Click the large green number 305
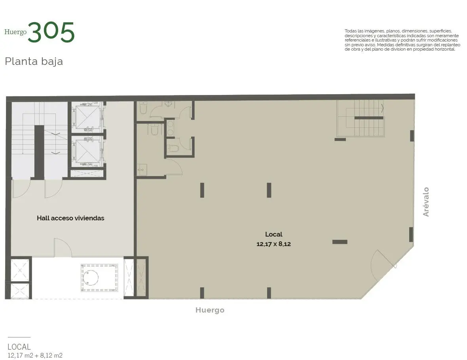[x=51, y=32]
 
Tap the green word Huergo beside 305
[x=15, y=32]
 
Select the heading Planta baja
[x=34, y=62]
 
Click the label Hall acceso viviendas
[x=70, y=218]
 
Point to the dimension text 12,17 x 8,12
[x=273, y=244]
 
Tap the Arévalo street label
[x=426, y=202]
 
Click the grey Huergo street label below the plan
[x=210, y=310]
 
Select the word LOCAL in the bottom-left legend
[x=19, y=347]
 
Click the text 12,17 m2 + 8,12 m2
[x=35, y=355]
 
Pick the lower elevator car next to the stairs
[x=86, y=152]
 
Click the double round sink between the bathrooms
[x=171, y=128]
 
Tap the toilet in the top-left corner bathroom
[x=143, y=109]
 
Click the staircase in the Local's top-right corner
[x=360, y=117]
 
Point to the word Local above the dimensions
[x=273, y=234]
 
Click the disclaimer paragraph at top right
[x=402, y=40]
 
